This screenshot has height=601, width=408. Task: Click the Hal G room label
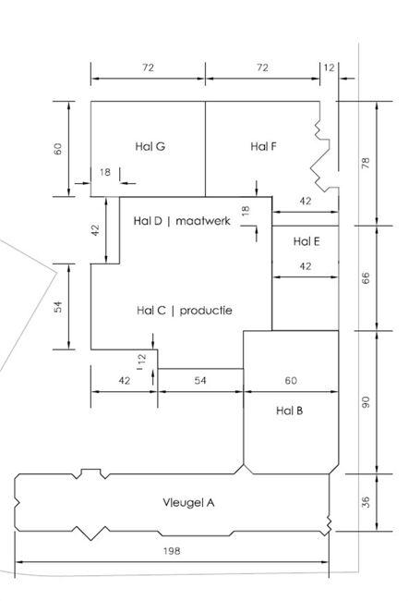150,146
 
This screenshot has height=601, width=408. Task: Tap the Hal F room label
263,146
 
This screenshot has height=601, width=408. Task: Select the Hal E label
306,241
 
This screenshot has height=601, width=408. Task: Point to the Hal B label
289,411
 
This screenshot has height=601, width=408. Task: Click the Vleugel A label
188,502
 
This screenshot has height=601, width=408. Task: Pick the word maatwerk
203,221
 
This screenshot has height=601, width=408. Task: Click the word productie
206,310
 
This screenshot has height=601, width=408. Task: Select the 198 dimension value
172,551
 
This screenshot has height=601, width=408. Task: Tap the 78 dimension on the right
366,163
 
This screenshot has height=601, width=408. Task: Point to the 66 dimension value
366,278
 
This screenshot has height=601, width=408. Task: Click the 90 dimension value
366,402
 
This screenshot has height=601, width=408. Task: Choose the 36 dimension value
366,502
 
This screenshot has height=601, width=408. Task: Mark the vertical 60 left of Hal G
57,148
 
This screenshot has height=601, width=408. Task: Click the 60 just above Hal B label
291,380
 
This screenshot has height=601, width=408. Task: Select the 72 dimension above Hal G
148,67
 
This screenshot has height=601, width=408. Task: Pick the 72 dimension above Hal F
262,67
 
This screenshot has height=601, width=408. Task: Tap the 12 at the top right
329,67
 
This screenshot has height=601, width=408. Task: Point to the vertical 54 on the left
57,307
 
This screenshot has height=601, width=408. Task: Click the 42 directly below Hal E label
305,266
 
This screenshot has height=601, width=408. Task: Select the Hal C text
151,310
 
